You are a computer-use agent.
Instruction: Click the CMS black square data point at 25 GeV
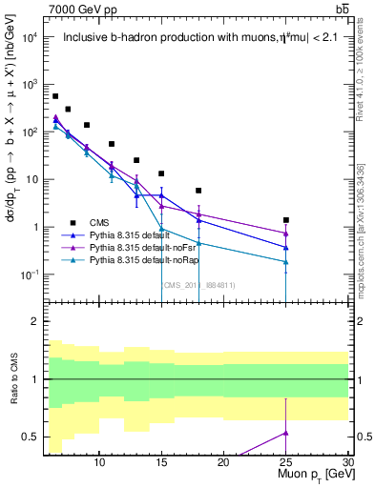click(286, 220)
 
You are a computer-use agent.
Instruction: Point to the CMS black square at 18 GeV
click(198, 191)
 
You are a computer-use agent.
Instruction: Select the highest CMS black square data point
click(55, 96)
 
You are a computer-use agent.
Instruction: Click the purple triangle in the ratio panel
click(286, 433)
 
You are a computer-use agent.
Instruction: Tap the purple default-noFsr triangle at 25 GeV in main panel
click(286, 234)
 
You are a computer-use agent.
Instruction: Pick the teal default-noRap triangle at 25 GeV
click(286, 262)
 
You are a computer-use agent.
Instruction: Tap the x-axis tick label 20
click(223, 462)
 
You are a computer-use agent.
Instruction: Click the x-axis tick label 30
click(348, 462)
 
